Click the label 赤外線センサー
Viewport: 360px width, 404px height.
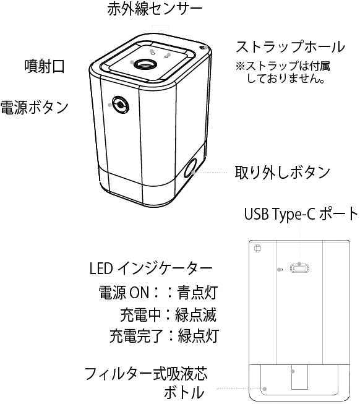tap(155, 9)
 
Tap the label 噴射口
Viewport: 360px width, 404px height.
tap(45, 66)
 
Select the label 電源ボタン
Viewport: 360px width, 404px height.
tap(35, 107)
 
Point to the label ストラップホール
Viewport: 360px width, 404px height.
tap(291, 46)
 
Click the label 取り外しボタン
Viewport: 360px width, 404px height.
tap(282, 172)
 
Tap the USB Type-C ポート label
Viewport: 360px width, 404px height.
tap(301, 214)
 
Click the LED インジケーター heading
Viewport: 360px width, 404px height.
tap(151, 269)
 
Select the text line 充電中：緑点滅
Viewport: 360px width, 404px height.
tap(168, 314)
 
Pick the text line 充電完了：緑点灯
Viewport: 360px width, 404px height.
tap(165, 336)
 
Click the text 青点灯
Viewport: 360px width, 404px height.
tap(197, 293)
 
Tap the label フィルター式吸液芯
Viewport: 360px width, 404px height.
tap(146, 374)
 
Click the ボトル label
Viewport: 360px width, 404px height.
tap(184, 393)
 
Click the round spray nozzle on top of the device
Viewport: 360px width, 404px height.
tap(145, 64)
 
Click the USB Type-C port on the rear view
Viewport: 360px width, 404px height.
tap(299, 269)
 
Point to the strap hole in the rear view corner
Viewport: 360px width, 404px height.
tap(257, 248)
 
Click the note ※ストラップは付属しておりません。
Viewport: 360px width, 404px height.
tap(283, 72)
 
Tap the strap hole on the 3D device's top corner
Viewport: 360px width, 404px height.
tap(204, 48)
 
